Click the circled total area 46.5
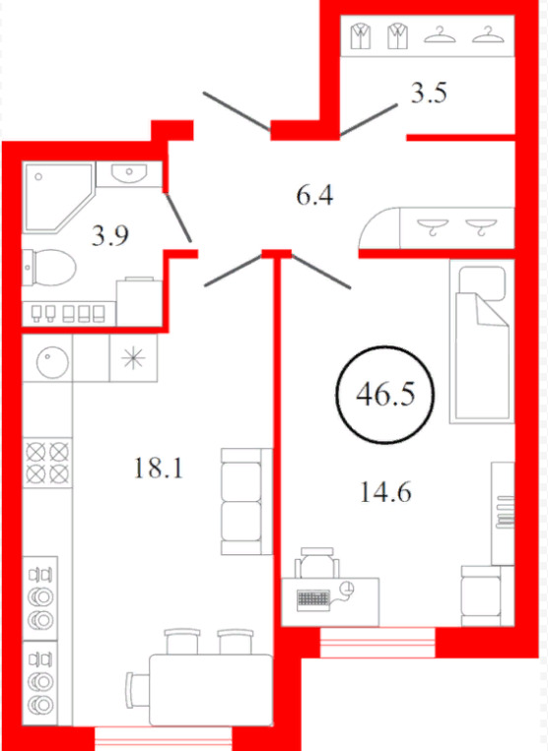point(385,395)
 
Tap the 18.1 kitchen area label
point(159,468)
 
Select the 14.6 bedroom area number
point(385,492)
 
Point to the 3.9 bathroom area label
point(110,235)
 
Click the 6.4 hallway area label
point(314,196)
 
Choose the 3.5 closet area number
point(429,93)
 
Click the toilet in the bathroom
point(49,268)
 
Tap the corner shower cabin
point(58,197)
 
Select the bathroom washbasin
point(128,174)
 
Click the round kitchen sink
point(52,362)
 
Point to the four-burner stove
point(47,463)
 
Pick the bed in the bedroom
point(482,342)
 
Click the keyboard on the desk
point(313,599)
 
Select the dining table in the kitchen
point(211,690)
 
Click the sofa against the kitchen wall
point(246,501)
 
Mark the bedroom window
point(377,643)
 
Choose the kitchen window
point(164,738)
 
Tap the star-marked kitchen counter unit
point(133,358)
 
